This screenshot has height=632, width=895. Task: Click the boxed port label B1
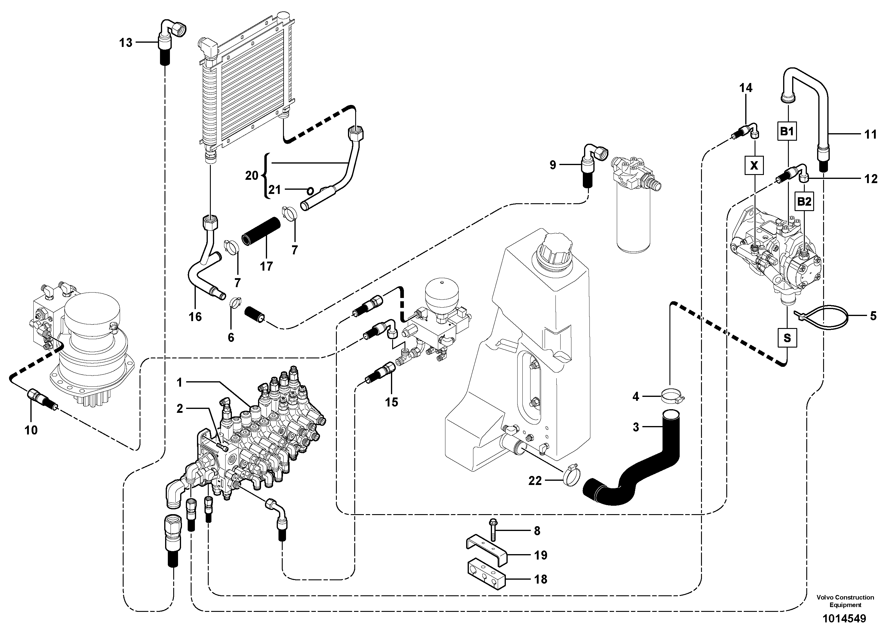click(787, 131)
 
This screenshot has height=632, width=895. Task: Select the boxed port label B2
click(804, 201)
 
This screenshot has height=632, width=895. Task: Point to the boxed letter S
click(787, 338)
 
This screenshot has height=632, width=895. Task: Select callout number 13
click(125, 42)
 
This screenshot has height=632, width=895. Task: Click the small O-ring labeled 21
click(310, 191)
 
